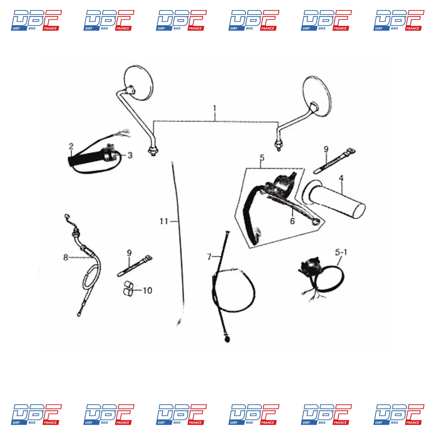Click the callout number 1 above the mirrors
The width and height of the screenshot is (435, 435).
coord(215,109)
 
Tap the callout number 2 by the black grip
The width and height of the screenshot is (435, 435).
coord(71,146)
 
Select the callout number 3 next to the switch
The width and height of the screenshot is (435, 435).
coord(130,155)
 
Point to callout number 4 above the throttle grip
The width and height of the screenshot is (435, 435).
coord(341,178)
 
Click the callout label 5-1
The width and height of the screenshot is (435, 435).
coord(341,253)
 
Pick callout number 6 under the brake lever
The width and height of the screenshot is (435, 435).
coord(292,221)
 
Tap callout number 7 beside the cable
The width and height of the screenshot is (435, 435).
coord(209,257)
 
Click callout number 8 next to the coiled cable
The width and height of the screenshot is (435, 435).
coord(66,257)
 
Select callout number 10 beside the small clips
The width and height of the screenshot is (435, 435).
coord(147,290)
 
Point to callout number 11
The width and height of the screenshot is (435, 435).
coord(164,221)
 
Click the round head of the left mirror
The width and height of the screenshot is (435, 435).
coord(139,83)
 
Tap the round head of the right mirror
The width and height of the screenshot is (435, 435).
coord(317,96)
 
